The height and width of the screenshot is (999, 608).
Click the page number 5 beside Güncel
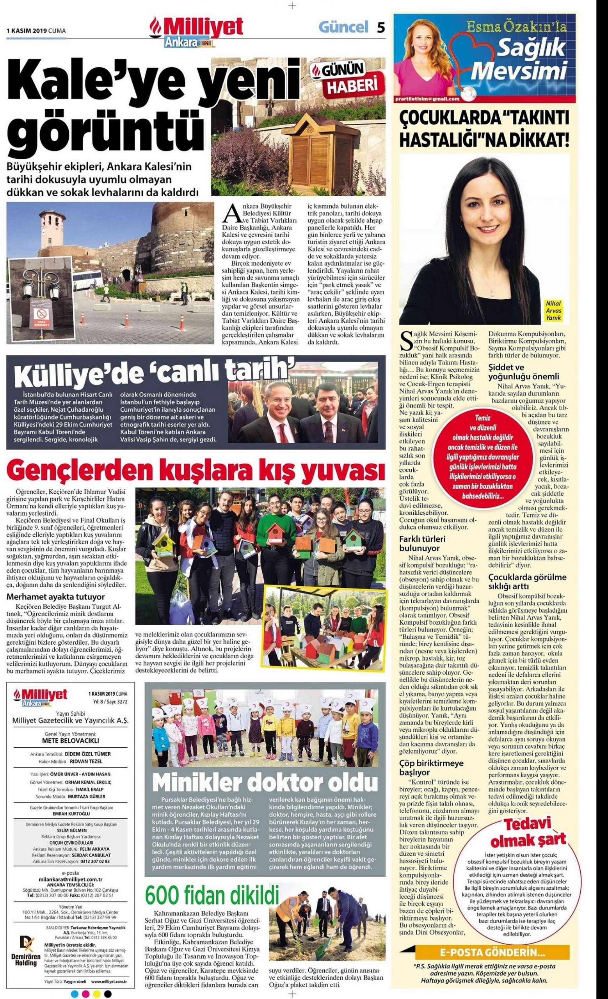point(380,27)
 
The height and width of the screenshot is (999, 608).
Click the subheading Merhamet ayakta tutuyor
point(55,596)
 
